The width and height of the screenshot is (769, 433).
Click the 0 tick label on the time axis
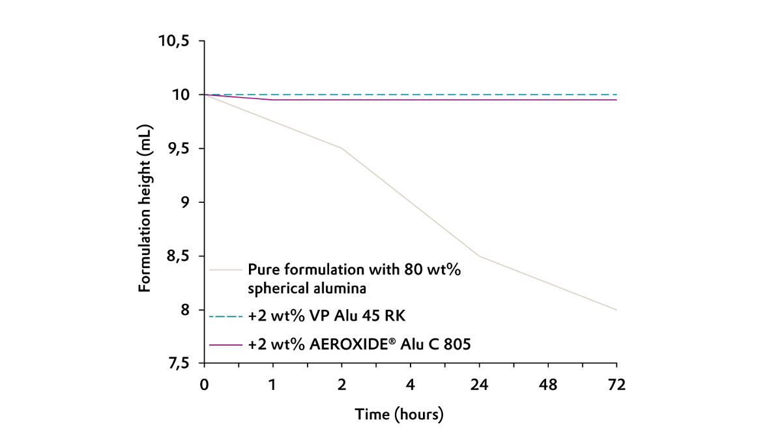[205, 385]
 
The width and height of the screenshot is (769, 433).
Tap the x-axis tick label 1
[273, 385]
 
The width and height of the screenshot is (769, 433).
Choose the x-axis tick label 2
[342, 385]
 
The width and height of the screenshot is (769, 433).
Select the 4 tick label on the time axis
[411, 385]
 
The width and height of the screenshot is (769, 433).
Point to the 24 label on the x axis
[479, 385]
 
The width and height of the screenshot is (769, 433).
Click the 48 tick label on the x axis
[548, 385]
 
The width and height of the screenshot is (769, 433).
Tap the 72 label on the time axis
[617, 385]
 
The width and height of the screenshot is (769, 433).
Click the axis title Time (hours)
[399, 414]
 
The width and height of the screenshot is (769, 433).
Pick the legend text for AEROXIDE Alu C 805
[359, 344]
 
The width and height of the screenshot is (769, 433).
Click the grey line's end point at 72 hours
[617, 310]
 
